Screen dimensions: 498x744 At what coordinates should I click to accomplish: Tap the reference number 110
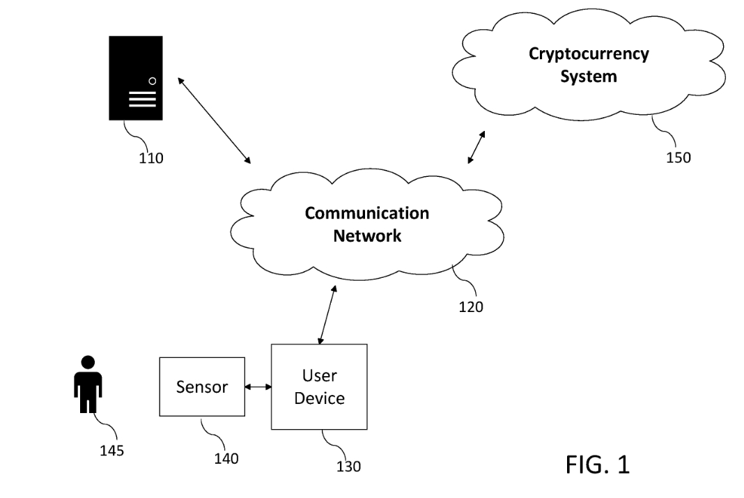150,158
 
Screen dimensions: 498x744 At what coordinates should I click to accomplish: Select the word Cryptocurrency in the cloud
589,54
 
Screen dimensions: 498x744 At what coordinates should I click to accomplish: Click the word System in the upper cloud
589,76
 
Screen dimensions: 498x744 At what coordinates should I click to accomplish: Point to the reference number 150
678,157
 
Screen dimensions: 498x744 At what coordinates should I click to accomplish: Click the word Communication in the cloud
367,213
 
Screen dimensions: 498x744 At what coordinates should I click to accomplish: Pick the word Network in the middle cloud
367,235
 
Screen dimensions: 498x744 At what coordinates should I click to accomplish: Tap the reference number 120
472,306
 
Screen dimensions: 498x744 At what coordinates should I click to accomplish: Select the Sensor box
202,387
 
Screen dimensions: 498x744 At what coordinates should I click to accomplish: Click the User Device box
319,387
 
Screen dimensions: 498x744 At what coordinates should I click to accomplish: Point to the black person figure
88,386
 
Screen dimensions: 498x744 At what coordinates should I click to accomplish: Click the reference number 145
111,451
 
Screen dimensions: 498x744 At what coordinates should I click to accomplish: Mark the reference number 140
226,459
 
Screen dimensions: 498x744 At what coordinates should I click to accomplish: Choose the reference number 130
348,467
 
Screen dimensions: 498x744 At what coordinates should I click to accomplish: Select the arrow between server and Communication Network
215,120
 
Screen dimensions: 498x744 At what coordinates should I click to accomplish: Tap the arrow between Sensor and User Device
258,387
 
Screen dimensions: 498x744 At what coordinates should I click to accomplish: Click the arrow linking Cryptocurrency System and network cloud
477,146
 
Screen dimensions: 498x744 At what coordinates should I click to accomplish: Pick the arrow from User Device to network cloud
327,315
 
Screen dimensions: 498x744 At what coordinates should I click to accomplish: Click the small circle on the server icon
153,81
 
